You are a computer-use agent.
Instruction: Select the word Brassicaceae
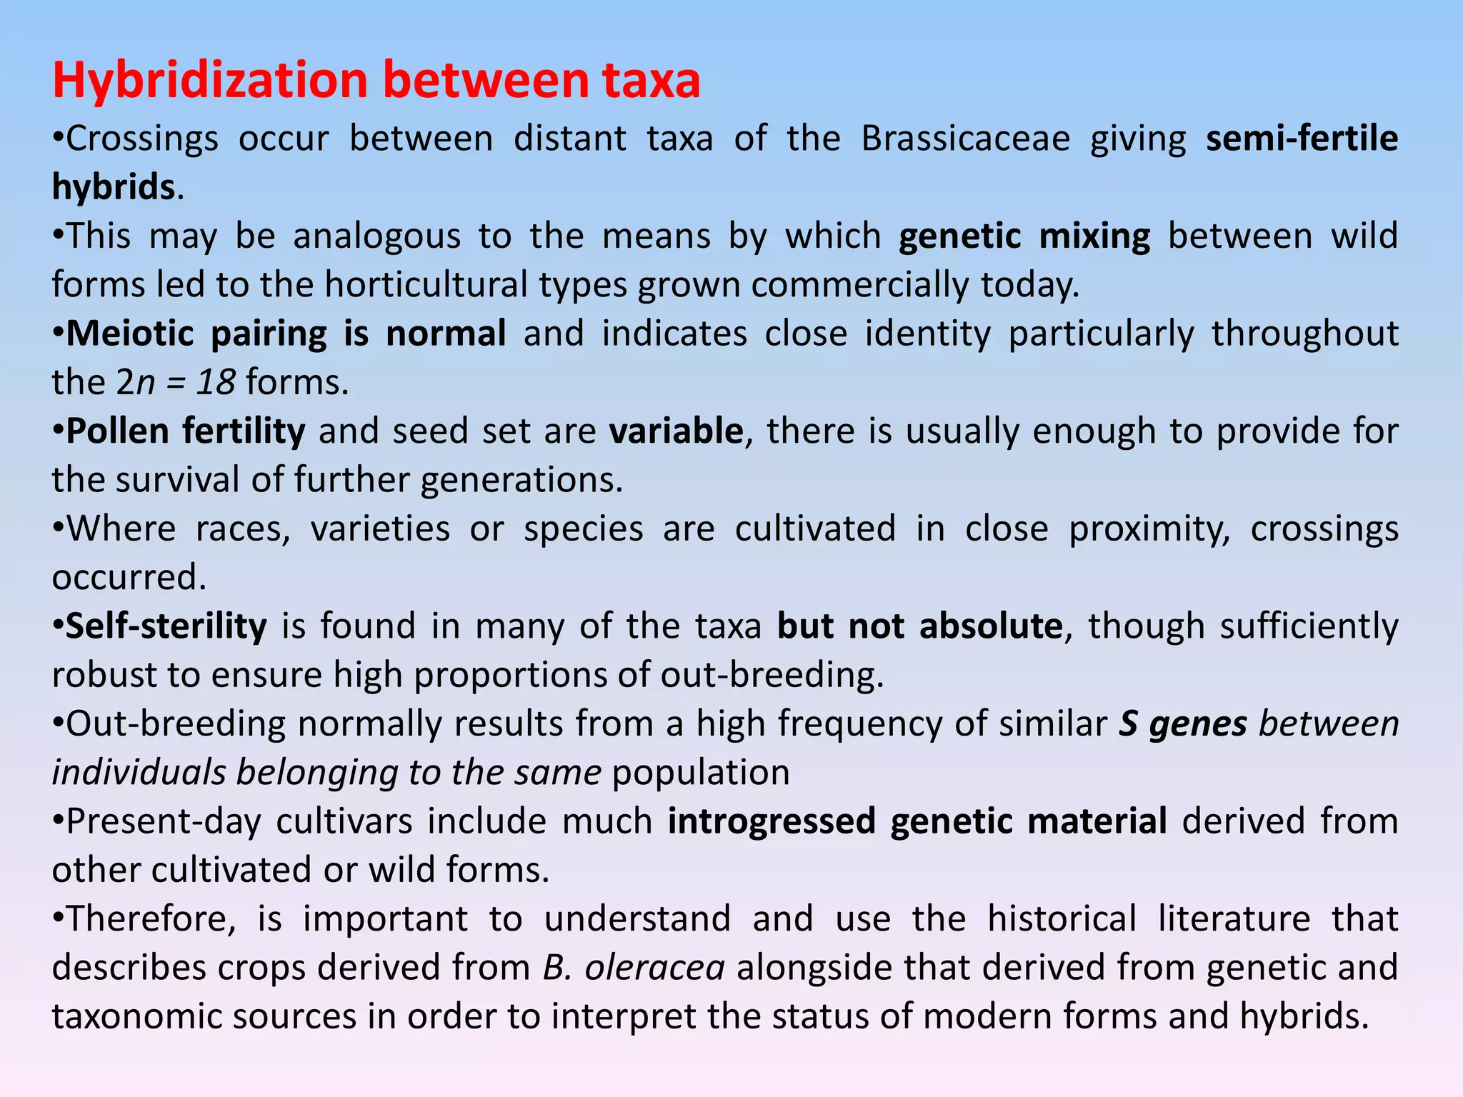(x=965, y=139)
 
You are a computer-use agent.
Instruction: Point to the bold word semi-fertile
(x=1302, y=139)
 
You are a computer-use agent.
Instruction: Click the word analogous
(x=376, y=236)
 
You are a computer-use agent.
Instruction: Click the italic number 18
(x=216, y=383)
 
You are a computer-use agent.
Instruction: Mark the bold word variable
(x=676, y=431)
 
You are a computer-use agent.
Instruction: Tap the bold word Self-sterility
(x=166, y=626)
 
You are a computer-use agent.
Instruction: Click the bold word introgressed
(x=771, y=821)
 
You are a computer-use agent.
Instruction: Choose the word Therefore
(x=150, y=919)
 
